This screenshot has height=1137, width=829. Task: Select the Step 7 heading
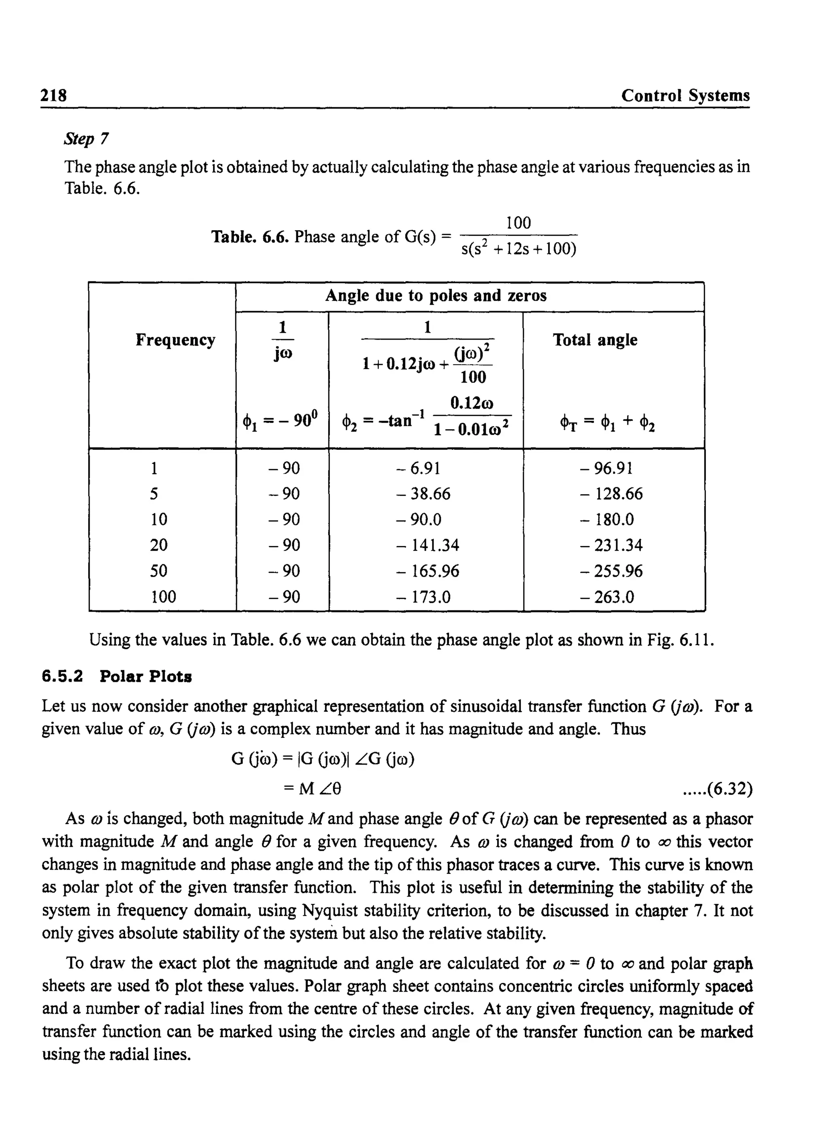86,138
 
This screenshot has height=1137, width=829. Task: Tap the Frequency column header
175,340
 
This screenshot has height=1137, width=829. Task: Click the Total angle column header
595,340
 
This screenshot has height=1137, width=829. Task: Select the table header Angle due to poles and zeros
436,295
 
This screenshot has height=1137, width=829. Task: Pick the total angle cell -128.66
611,494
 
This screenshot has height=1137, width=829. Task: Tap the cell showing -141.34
427,545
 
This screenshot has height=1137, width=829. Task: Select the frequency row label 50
159,570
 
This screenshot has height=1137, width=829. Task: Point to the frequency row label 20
159,545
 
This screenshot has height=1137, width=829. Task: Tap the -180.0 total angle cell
607,519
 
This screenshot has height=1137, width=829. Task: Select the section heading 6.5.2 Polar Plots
117,676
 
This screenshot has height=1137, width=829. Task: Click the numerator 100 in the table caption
519,223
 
